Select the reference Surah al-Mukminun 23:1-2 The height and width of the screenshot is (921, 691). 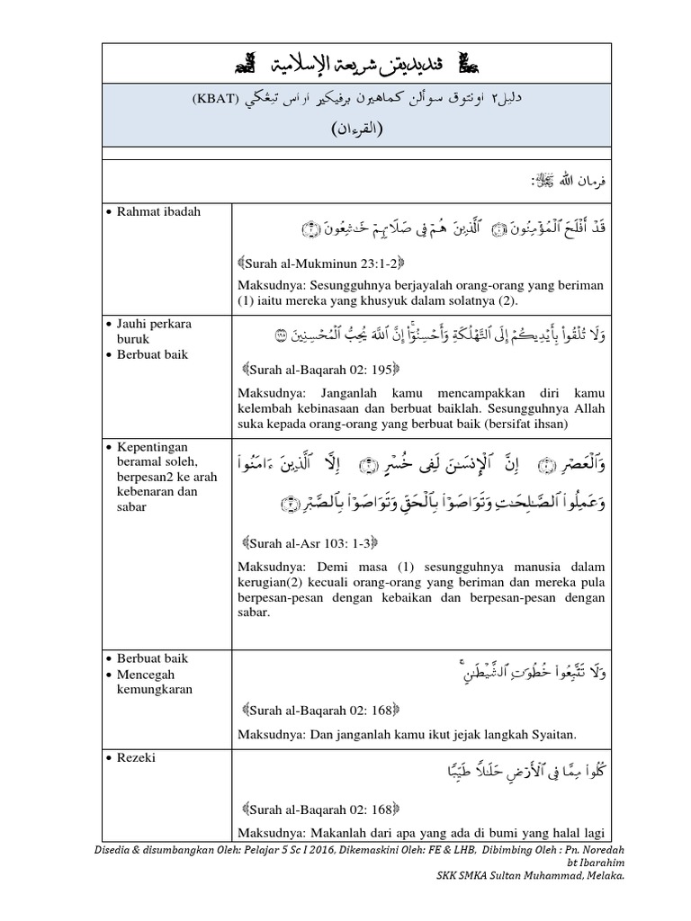tap(322, 263)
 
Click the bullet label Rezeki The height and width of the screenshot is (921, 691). tap(136, 758)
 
